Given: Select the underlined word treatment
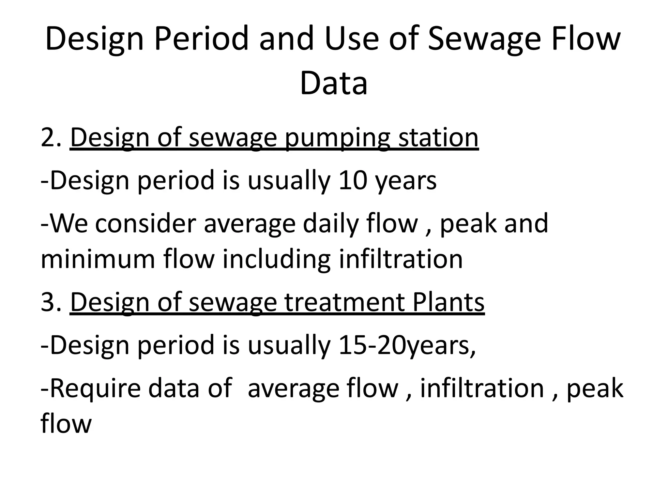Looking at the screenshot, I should [x=345, y=302].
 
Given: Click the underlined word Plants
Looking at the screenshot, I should [x=448, y=302].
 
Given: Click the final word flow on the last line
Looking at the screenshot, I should [x=66, y=424].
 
